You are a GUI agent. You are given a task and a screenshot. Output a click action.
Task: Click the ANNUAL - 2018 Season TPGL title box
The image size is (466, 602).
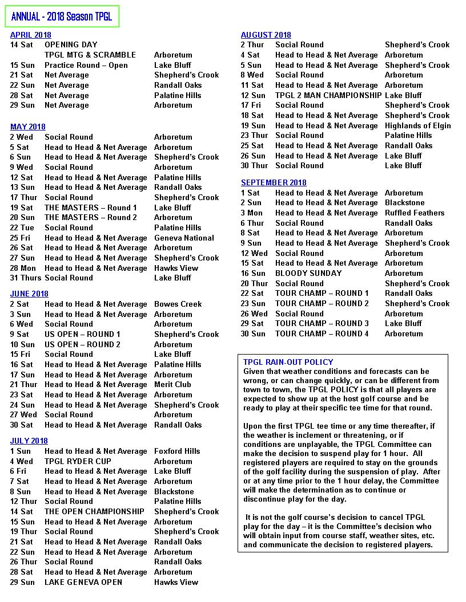pos(62,17)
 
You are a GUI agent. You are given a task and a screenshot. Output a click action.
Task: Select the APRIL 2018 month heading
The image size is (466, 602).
pos(31,35)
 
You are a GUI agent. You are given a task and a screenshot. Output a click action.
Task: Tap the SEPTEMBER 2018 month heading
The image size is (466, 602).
pos(274,183)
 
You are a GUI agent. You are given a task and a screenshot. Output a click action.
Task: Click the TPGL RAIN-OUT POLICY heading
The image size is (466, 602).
pos(288,362)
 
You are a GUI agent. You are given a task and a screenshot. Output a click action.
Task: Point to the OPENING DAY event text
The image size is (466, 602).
pos(71,44)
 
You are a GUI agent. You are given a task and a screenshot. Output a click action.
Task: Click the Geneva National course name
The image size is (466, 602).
pos(184,238)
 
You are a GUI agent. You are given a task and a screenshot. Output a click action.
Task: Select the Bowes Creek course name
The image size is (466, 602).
pos(178,304)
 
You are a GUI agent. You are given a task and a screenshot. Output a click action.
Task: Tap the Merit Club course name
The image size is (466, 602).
pos(172,384)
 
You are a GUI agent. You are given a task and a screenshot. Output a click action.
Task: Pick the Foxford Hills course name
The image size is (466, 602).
pos(177,451)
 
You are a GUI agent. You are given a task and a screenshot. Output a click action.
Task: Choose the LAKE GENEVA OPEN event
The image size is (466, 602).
pos(83,582)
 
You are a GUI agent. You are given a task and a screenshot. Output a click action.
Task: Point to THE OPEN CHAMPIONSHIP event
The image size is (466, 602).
pos(94,511)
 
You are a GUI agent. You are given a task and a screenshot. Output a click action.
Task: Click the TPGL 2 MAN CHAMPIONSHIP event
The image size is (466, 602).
pos(328,95)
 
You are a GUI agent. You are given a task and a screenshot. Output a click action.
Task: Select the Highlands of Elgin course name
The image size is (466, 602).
pos(417,125)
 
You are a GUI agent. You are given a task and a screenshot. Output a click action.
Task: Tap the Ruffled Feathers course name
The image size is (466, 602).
pos(414,213)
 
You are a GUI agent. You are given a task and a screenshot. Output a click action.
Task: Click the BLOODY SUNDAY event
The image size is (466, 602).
pos(308,273)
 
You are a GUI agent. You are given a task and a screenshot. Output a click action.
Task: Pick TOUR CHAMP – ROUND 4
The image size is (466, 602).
pos(322,333)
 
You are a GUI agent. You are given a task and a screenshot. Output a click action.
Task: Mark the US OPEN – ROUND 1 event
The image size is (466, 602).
pos(82,334)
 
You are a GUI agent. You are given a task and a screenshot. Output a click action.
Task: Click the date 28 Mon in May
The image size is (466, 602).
pos(23,268)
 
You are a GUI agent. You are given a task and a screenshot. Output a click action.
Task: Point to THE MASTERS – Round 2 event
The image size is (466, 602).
pos(91,217)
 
